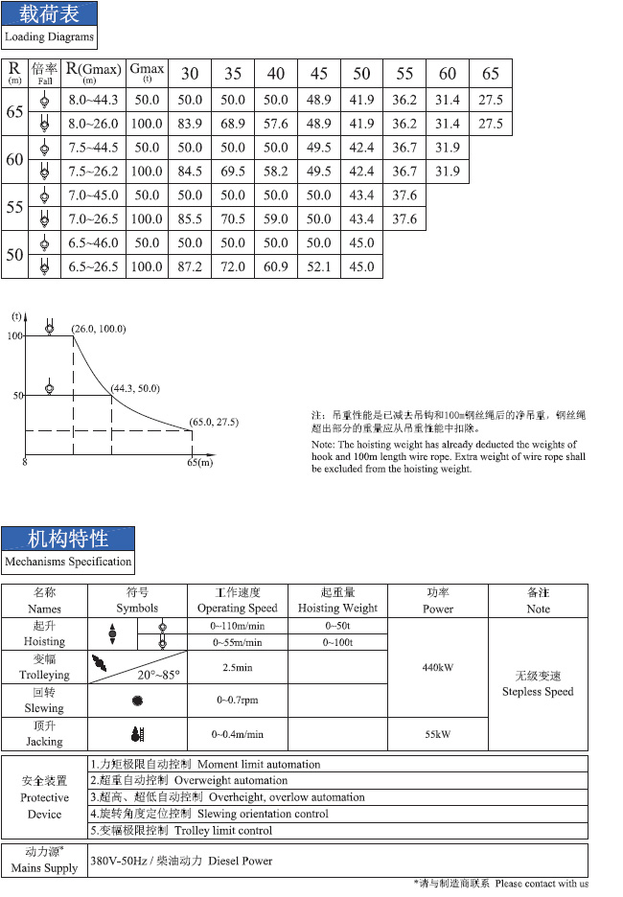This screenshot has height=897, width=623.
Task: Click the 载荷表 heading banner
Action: tap(49, 14)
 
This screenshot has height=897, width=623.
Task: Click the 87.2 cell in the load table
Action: tap(191, 266)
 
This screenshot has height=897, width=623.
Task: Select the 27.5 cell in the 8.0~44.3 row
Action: tap(491, 100)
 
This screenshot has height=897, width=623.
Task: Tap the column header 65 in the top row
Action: tap(491, 74)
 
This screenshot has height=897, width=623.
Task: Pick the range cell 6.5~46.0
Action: tap(93, 242)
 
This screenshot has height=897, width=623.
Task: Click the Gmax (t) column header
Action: tap(147, 73)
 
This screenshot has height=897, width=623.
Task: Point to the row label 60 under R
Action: tap(14, 159)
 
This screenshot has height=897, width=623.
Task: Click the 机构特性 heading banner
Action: tap(68, 538)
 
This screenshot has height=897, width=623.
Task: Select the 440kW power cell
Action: tap(437, 667)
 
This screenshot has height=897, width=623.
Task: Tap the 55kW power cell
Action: tap(437, 734)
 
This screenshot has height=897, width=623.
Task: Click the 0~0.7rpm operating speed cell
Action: tap(237, 701)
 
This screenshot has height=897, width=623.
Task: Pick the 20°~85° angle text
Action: tap(158, 674)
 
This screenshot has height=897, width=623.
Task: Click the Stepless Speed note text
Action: tap(538, 691)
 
